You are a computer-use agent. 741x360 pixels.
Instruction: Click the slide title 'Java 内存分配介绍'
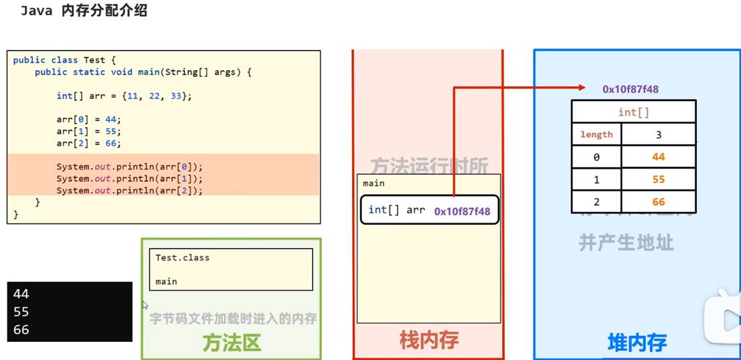click(x=84, y=11)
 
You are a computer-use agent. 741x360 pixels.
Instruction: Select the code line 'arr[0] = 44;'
click(x=89, y=120)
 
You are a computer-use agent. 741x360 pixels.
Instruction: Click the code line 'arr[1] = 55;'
click(x=89, y=132)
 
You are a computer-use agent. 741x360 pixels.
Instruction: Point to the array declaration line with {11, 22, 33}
click(x=124, y=96)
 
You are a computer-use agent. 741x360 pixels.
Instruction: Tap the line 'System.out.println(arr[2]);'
click(x=129, y=191)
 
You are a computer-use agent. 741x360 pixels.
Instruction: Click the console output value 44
click(x=21, y=294)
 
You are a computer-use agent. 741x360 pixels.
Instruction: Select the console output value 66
click(x=21, y=330)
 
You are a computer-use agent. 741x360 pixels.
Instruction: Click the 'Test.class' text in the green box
click(x=182, y=258)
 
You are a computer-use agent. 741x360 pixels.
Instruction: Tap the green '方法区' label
click(x=231, y=343)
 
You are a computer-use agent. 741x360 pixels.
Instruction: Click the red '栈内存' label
click(x=428, y=341)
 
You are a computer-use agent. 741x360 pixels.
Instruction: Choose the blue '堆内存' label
click(x=637, y=343)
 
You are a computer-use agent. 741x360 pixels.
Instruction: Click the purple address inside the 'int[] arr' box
click(x=462, y=211)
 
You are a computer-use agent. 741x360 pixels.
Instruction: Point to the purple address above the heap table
click(x=631, y=89)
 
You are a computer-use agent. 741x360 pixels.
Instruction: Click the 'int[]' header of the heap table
click(x=633, y=112)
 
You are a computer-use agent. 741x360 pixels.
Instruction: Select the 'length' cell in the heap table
click(x=596, y=134)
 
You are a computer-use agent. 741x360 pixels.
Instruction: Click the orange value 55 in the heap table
click(x=658, y=179)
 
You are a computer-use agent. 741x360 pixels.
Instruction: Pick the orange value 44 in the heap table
click(x=658, y=157)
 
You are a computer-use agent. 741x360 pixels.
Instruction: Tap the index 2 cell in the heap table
click(x=596, y=201)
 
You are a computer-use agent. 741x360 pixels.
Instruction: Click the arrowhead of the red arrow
click(x=579, y=88)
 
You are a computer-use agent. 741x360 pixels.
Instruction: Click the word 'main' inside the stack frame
click(x=374, y=183)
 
